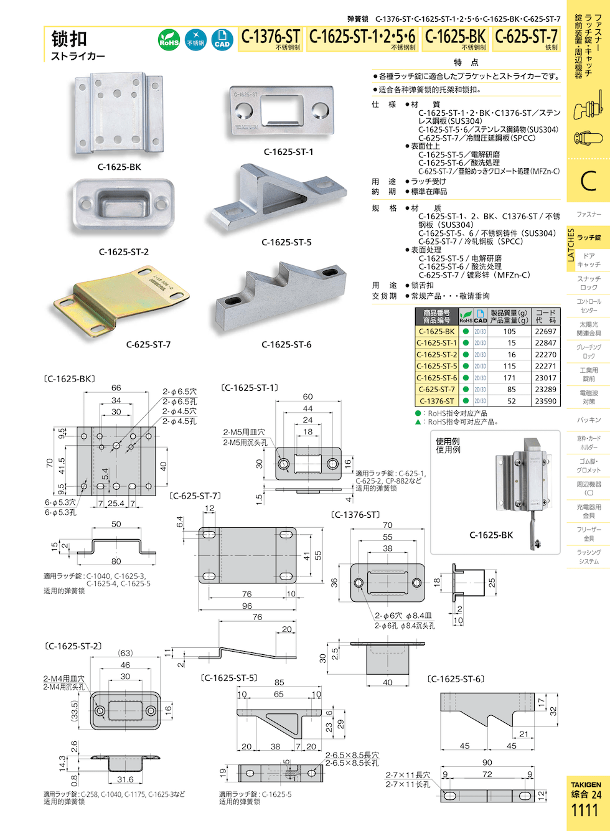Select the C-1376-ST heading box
tap(270, 38)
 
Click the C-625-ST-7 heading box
tap(526, 38)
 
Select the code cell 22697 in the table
tap(545, 331)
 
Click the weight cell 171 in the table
tap(509, 378)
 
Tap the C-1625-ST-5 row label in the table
tap(436, 366)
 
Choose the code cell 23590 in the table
tap(545, 401)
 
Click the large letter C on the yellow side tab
tap(588, 181)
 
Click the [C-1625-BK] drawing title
tap(70, 378)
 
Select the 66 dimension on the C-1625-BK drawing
tap(116, 388)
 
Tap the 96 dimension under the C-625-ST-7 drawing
tap(247, 606)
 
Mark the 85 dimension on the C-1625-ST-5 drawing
tap(279, 682)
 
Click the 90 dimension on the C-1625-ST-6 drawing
tap(487, 762)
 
